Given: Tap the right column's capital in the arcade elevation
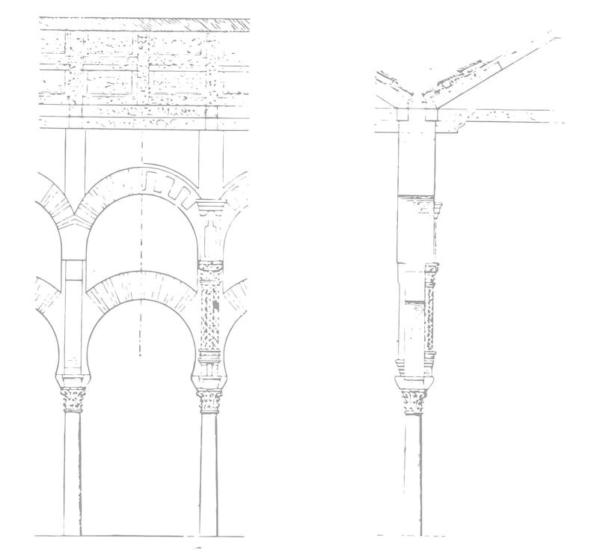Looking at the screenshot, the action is point(209,401).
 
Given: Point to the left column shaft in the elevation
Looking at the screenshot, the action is point(72,471).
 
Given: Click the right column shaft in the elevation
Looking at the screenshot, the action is point(209,471).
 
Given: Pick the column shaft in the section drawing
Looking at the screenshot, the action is point(412,471).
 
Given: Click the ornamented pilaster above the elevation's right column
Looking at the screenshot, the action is point(210,314).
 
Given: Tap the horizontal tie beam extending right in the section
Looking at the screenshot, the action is point(509,115).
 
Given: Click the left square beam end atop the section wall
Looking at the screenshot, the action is point(402,114).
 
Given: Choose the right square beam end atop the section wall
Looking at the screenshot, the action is point(431,114).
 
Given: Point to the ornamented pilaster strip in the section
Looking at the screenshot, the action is point(430,314).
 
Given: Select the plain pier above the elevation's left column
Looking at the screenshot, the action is point(73,314).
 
